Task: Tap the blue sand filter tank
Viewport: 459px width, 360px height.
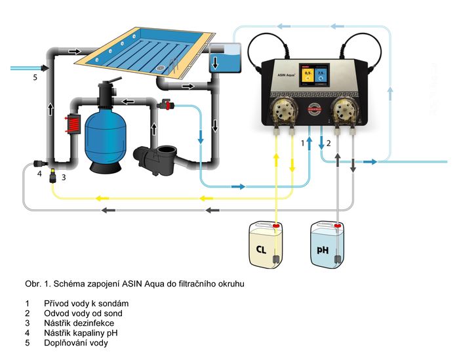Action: click(109, 138)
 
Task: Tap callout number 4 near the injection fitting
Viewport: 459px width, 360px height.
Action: click(39, 174)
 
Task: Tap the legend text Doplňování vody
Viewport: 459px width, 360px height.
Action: click(77, 342)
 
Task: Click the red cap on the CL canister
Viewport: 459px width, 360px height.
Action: click(276, 226)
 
